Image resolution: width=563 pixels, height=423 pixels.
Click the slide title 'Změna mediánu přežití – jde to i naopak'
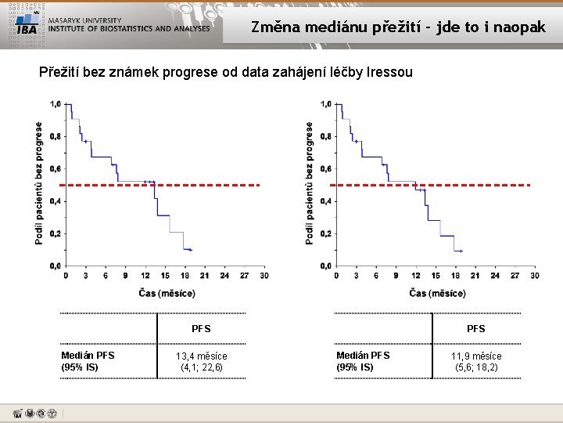point(398,27)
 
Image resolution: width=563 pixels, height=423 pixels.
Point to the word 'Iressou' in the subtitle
point(384,73)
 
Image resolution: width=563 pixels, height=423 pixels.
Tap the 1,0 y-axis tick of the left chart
point(56,104)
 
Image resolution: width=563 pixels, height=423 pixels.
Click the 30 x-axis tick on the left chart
point(264,276)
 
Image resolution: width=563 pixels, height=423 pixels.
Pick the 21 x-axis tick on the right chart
point(475,276)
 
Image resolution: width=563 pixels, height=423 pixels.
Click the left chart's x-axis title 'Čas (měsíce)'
point(167,293)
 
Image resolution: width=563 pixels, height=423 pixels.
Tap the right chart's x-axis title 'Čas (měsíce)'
point(437,293)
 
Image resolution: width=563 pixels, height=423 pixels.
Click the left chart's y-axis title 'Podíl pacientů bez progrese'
point(40,183)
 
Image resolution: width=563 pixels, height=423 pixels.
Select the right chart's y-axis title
point(310,183)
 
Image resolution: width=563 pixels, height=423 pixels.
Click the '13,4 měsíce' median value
point(201,356)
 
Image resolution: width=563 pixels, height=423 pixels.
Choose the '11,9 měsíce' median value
point(475,356)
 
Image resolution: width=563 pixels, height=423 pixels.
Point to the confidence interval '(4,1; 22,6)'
point(201,367)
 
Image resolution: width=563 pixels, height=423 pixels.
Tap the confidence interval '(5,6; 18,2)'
point(475,367)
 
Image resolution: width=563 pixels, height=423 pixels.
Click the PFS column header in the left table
point(201,328)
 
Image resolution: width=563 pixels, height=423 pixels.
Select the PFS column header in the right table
point(475,328)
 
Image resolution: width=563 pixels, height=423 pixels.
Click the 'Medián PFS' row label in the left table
point(88,356)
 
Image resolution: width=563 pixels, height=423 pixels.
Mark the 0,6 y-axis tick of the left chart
point(56,169)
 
